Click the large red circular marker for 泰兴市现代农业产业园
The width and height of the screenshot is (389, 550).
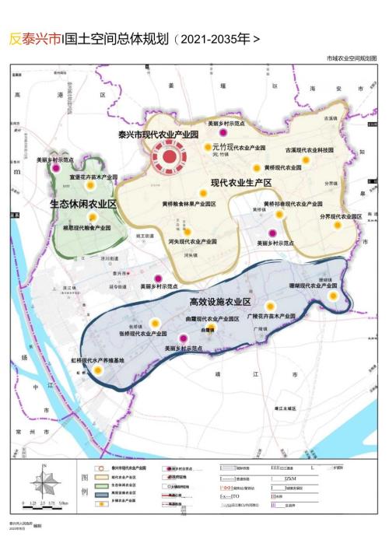coord(167,158)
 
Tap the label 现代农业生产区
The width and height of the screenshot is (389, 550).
coord(240,183)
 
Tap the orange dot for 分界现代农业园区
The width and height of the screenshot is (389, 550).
coord(338,226)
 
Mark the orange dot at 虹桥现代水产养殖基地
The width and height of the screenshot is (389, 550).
coord(98,371)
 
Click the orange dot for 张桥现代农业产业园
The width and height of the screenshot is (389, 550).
coord(155,323)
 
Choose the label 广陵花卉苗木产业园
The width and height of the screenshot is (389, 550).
coord(271,316)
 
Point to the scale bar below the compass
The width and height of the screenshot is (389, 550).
coord(46,503)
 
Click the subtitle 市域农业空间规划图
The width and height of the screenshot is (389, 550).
coord(351,58)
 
